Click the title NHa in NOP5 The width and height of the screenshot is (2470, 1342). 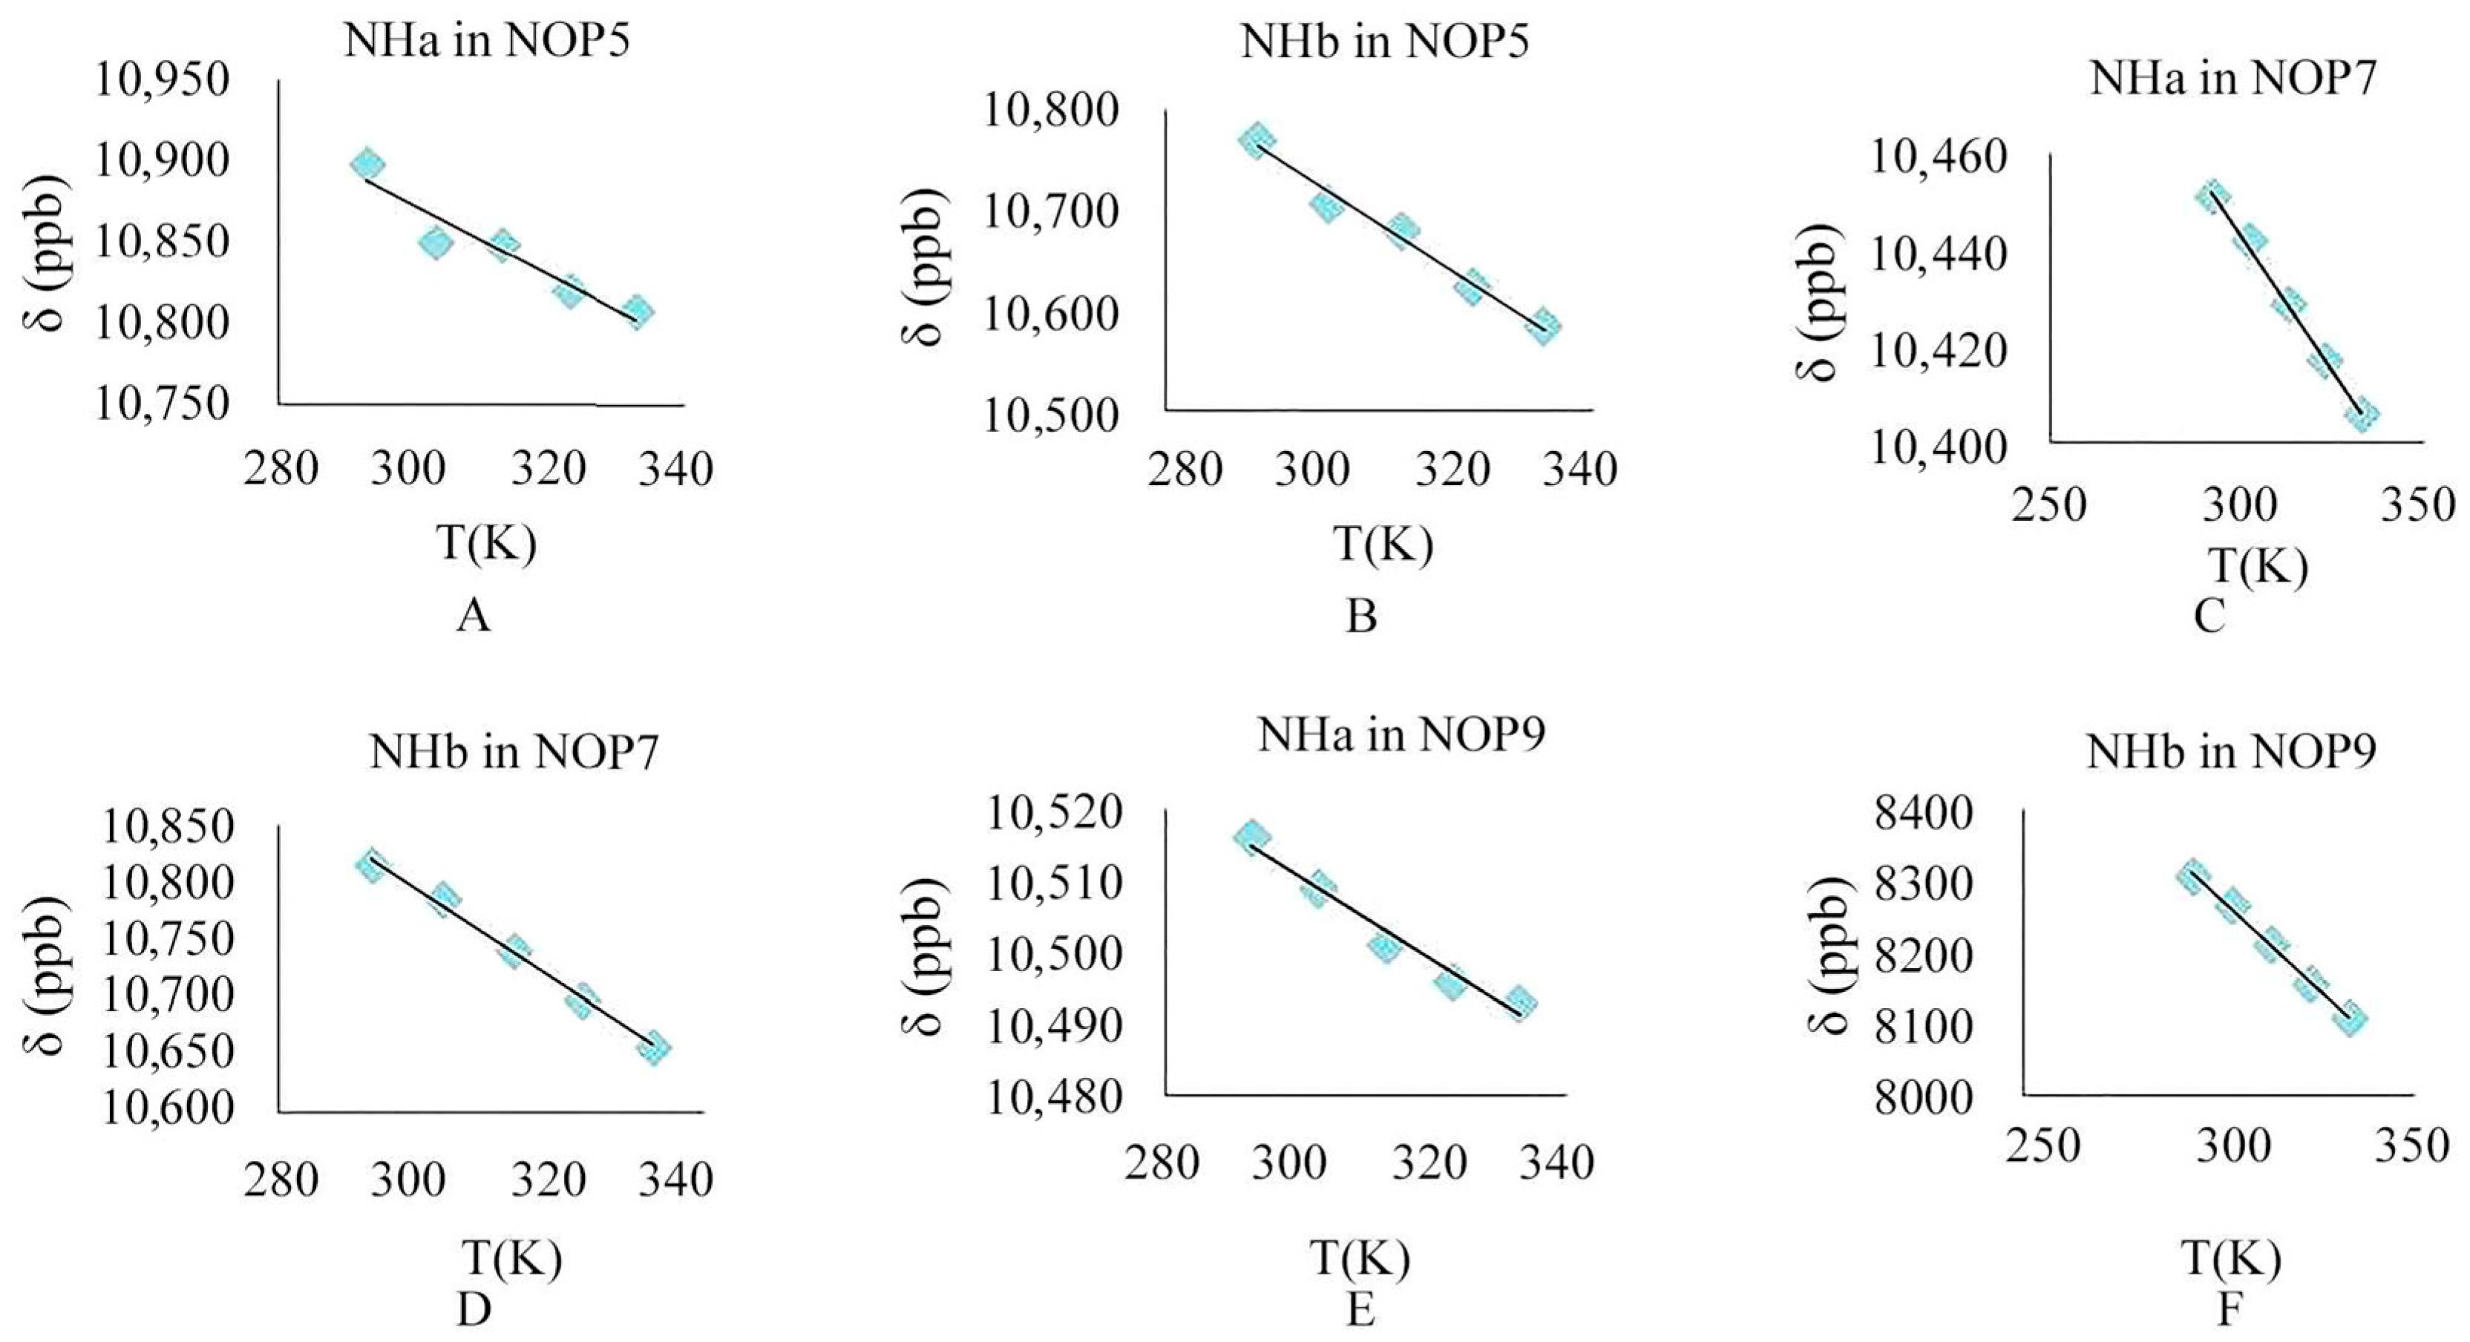click(486, 42)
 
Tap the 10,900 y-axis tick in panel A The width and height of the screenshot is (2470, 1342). click(162, 161)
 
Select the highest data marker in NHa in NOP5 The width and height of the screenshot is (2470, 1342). click(367, 165)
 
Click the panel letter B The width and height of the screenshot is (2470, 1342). click(1360, 616)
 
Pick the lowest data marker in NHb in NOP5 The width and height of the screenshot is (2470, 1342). click(1544, 326)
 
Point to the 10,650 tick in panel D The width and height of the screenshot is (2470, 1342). click(167, 1051)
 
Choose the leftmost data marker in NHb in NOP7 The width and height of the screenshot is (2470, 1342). click(370, 866)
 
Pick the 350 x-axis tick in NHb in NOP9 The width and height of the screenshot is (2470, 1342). click(2412, 1145)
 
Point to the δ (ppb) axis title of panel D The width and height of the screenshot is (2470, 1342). click(46, 975)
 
